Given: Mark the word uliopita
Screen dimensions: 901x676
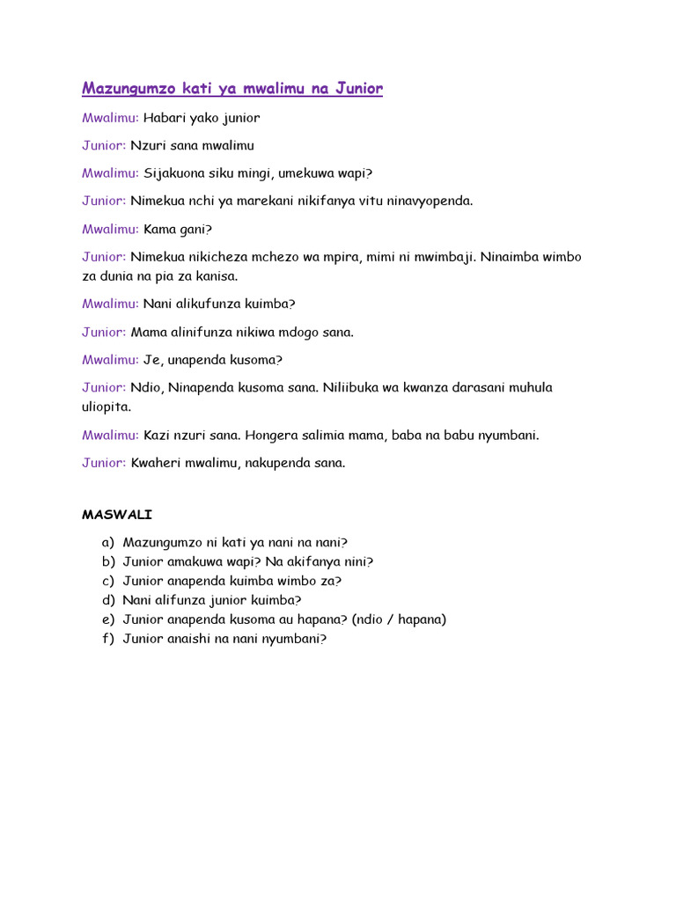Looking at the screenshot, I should [x=107, y=407].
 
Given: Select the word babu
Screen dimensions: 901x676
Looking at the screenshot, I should [x=459, y=436].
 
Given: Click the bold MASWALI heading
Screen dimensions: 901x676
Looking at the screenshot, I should [x=117, y=514].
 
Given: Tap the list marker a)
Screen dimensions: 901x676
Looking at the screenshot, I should [x=107, y=543].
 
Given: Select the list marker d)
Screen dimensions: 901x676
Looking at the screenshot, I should [x=107, y=601].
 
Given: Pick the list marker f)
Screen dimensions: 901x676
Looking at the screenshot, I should [x=107, y=640].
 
